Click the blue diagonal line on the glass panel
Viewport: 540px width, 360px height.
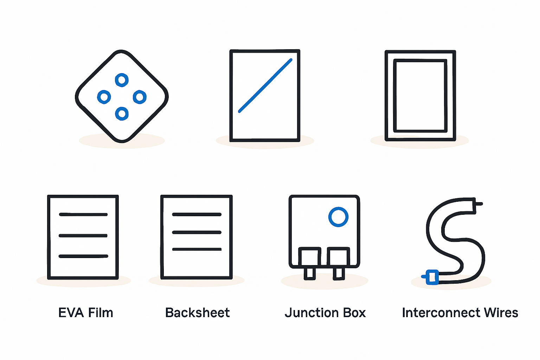click(265, 85)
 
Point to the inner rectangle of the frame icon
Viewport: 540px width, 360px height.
click(395, 96)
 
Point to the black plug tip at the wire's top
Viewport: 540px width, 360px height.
click(478, 204)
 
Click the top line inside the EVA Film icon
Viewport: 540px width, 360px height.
click(83, 214)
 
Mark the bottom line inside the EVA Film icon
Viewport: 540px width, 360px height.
click(83, 256)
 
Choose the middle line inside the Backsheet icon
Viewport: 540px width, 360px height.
click(197, 232)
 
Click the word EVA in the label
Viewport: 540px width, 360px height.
click(71, 313)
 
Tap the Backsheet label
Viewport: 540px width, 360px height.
click(198, 313)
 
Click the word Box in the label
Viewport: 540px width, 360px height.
click(353, 313)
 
